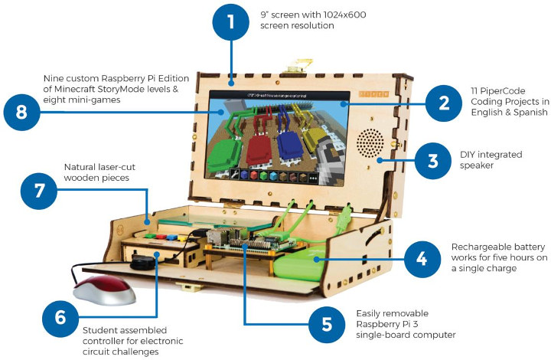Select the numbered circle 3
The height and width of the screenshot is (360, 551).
tap(432, 162)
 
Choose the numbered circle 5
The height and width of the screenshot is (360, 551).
tap(327, 325)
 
